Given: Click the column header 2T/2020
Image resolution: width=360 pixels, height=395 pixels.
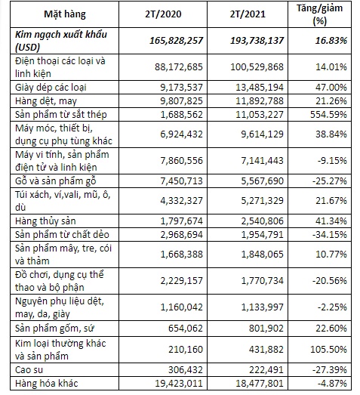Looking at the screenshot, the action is tap(163, 14).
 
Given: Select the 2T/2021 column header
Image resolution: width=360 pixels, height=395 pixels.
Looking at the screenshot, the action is tap(248, 14).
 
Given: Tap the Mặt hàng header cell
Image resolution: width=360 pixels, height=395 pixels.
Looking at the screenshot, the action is tap(65, 14).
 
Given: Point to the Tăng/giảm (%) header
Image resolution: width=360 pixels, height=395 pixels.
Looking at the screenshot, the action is tap(319, 14).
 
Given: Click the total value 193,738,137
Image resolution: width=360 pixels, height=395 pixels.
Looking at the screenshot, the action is tap(257, 41).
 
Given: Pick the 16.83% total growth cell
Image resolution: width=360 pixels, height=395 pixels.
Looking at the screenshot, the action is tap(331, 41).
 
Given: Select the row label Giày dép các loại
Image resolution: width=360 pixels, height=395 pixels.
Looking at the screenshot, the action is tap(51, 88).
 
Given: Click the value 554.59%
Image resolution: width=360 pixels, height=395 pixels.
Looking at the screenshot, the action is tap(328, 115).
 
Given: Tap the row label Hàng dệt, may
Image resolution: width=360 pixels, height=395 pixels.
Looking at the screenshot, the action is tap(46, 101).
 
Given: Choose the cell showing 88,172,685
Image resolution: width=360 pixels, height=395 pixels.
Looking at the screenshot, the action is tap(179, 67).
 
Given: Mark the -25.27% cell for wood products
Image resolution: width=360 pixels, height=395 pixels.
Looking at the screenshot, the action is tap(330, 181).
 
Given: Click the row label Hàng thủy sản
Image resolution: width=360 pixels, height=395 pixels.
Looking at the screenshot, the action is tap(45, 221).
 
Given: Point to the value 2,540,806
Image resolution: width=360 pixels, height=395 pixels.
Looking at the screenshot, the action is tap(263, 221).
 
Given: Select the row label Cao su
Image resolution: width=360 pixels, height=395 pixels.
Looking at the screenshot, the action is tap(29, 370).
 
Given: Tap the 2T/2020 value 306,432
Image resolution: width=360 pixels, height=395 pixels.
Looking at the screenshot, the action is tap(186, 370).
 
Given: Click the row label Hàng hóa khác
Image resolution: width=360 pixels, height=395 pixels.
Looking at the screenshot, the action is tap(46, 384).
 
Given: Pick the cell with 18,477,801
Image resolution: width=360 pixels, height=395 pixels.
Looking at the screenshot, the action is tap(260, 384).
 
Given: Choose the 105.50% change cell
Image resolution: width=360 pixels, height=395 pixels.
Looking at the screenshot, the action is tap(328, 350).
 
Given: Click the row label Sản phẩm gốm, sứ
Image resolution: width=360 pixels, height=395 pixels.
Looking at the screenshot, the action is tap(54, 329).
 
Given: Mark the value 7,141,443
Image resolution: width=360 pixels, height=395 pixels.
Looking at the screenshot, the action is tap(263, 161).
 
